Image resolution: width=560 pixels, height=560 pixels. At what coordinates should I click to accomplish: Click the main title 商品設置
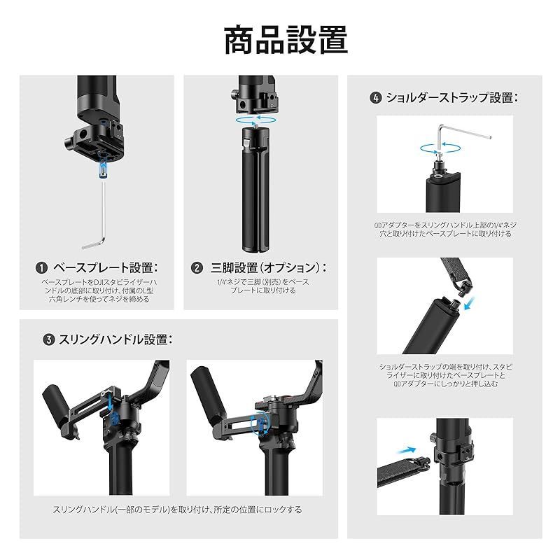(286, 40)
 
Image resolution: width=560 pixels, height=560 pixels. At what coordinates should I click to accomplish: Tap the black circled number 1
(42, 268)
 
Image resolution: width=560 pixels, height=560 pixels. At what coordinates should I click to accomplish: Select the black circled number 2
(197, 268)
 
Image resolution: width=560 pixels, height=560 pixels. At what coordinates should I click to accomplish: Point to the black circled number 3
(49, 339)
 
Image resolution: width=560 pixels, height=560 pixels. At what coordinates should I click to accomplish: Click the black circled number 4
(375, 97)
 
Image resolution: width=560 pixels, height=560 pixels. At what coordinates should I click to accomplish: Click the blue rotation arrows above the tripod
(255, 120)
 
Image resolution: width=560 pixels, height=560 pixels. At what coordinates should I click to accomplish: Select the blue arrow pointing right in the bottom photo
(407, 450)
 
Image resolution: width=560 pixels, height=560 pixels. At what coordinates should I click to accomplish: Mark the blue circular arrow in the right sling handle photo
(260, 424)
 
